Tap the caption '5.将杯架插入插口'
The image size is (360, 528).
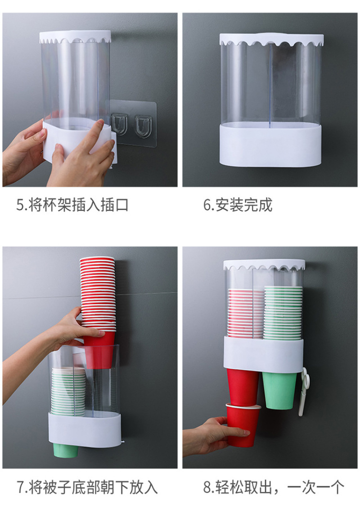[x=72, y=205]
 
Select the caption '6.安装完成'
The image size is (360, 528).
[x=238, y=205]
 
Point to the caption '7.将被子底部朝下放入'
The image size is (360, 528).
[x=87, y=487]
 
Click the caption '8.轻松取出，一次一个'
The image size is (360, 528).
[x=274, y=487]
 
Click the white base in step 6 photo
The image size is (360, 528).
[x=271, y=145]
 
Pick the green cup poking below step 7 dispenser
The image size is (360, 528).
[x=65, y=450]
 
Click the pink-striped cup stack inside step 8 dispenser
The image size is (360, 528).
[x=245, y=313]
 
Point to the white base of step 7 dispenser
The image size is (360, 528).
[x=85, y=429]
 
